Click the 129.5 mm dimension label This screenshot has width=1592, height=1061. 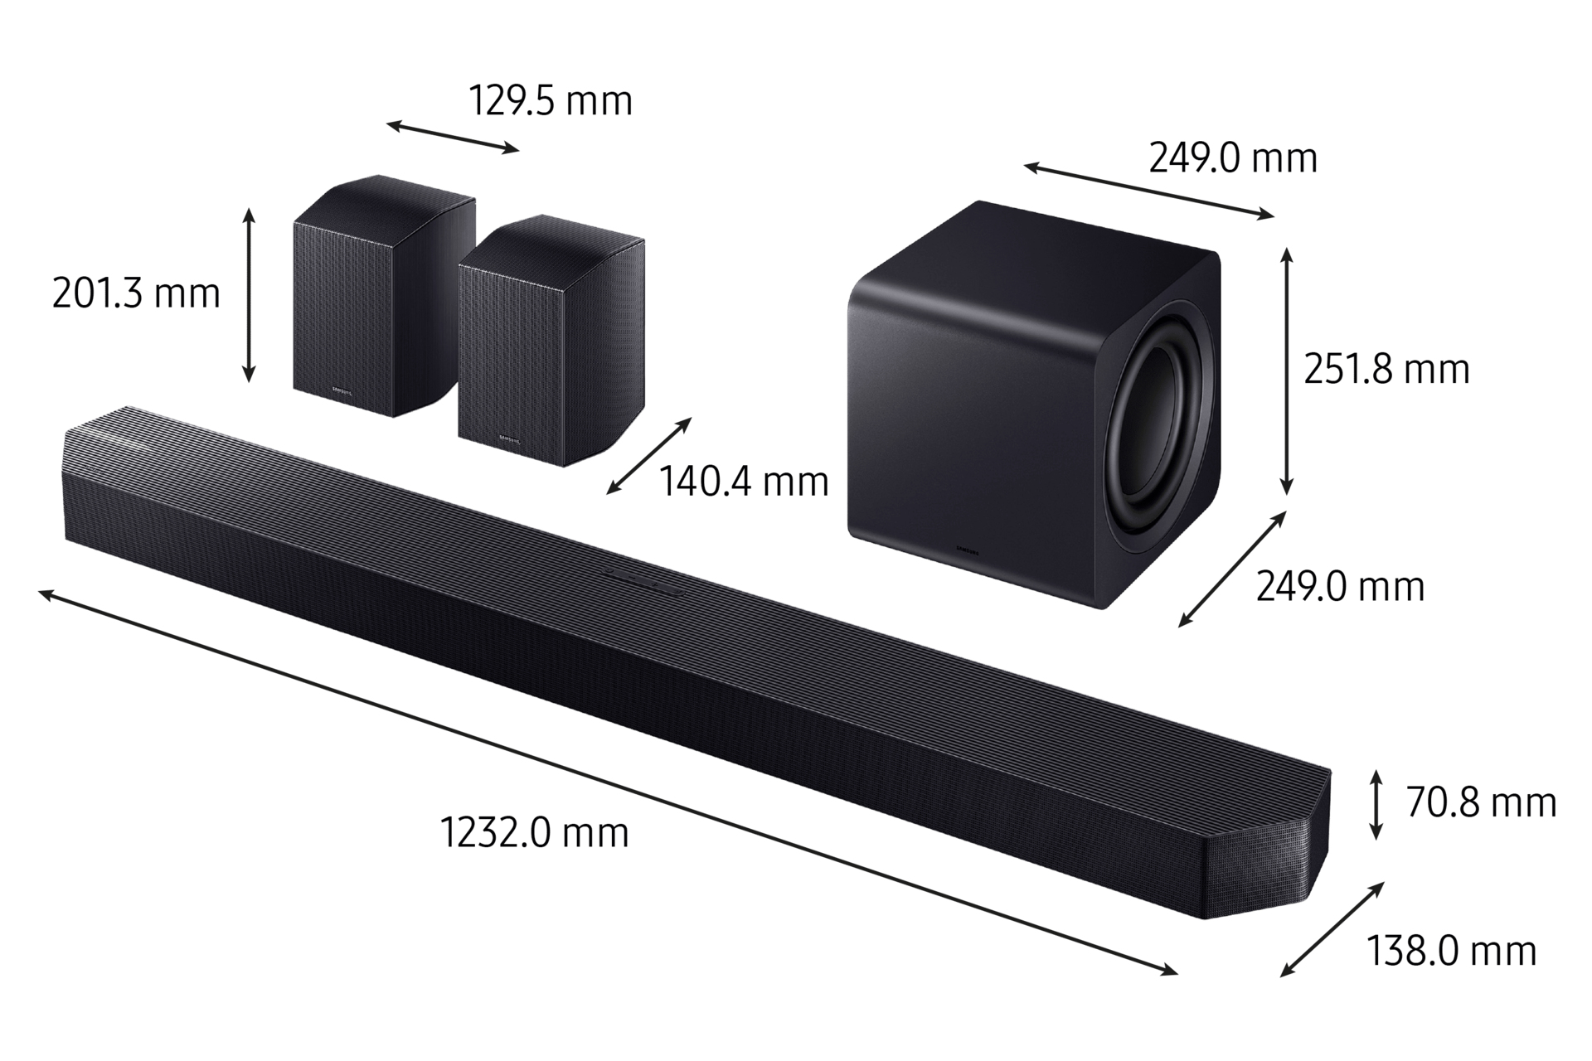[x=551, y=101]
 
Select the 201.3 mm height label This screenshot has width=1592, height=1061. [x=136, y=293]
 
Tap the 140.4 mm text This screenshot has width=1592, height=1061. [x=744, y=482]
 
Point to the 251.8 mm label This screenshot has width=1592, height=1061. [x=1386, y=369]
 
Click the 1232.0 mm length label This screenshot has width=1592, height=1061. [x=535, y=832]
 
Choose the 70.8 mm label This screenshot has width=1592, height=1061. [x=1481, y=802]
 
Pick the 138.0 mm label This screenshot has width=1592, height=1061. [x=1451, y=951]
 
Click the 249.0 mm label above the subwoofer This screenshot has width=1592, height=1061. [x=1233, y=157]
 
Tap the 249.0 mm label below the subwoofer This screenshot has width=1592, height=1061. [x=1340, y=587]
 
